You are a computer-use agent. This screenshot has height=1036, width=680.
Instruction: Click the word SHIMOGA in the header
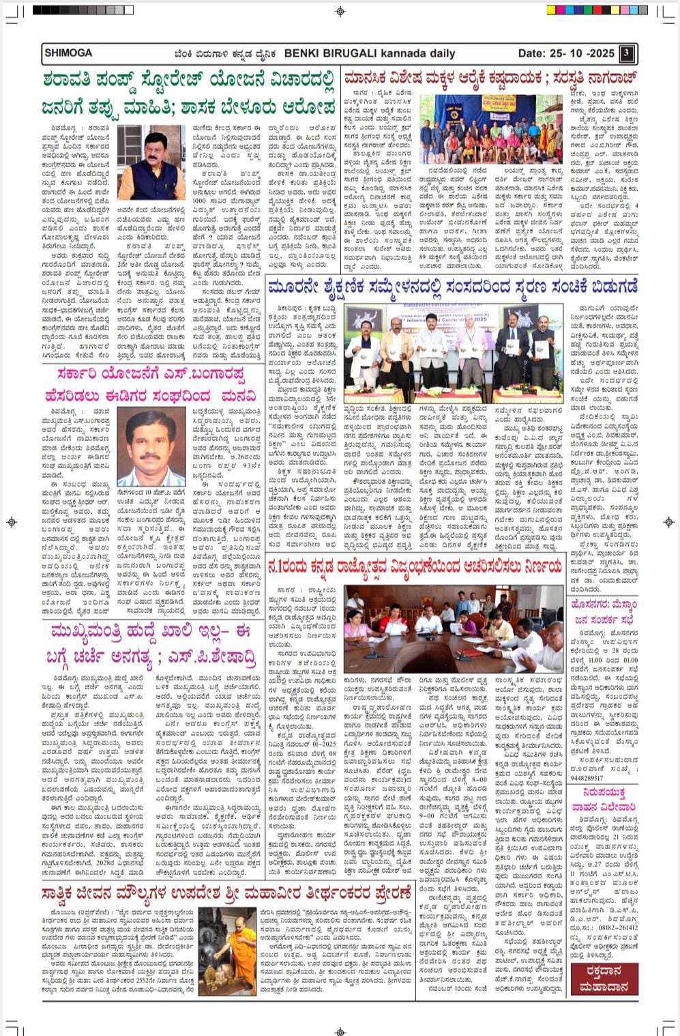click(x=68, y=53)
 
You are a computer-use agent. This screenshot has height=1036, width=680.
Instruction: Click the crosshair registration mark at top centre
click(x=340, y=11)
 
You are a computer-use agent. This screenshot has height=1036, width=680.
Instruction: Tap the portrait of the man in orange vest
click(x=156, y=162)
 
